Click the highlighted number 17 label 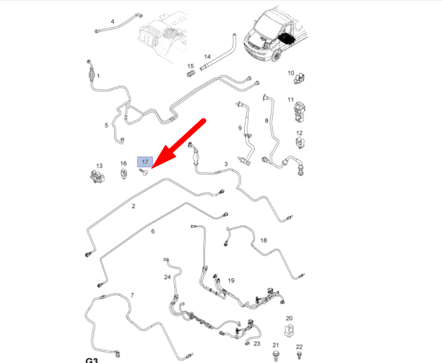tap(145, 162)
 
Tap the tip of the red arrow tap(152, 169)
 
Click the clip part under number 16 tap(123, 174)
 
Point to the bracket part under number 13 tap(97, 177)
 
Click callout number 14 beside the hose tap(207, 57)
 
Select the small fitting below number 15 tap(191, 74)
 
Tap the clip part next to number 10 tap(300, 79)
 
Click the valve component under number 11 tap(300, 113)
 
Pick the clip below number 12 tap(300, 142)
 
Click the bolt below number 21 tap(275, 356)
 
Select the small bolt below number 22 tap(299, 355)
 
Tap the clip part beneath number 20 tap(290, 330)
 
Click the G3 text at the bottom tap(92, 360)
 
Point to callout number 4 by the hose tap(112, 21)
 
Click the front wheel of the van tap(276, 56)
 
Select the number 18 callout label tap(263, 240)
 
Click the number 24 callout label tap(167, 277)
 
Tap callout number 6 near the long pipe tap(153, 231)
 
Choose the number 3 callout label tap(226, 164)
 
